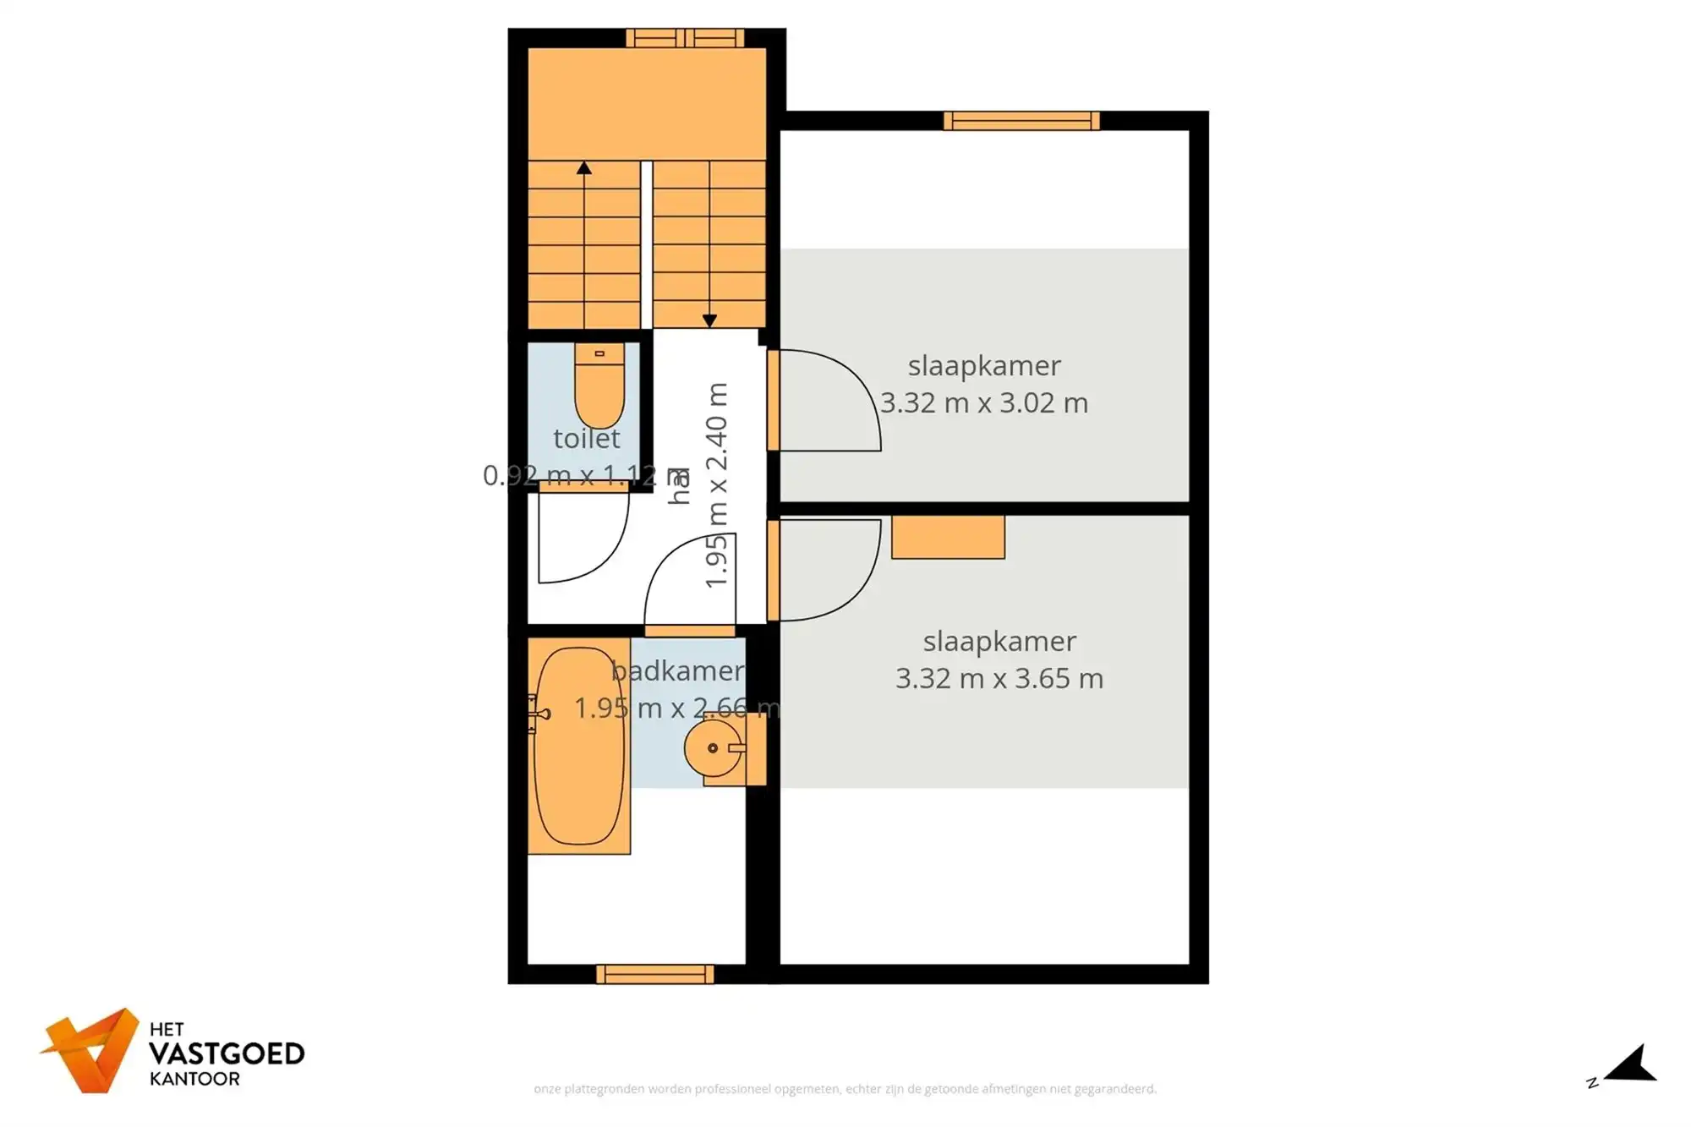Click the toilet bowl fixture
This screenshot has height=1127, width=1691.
(x=599, y=389)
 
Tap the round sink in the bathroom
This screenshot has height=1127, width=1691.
(x=713, y=747)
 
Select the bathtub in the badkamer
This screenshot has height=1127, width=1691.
(x=579, y=747)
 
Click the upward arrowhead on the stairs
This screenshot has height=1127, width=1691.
(x=584, y=168)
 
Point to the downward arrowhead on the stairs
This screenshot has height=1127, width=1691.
(x=709, y=320)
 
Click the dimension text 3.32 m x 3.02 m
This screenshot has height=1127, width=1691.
(x=983, y=403)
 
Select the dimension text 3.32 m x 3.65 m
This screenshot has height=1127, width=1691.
(x=999, y=679)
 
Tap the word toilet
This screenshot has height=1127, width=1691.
(x=587, y=439)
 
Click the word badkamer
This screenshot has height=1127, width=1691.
(x=677, y=671)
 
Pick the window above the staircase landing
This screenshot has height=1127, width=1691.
(x=685, y=38)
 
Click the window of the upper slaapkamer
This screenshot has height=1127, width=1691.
(x=1021, y=121)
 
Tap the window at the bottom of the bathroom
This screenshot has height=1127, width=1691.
(x=655, y=975)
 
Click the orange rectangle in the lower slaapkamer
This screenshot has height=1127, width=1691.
(x=948, y=538)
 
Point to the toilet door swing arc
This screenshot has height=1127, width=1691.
(x=583, y=538)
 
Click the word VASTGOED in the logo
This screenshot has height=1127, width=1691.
(x=227, y=1054)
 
